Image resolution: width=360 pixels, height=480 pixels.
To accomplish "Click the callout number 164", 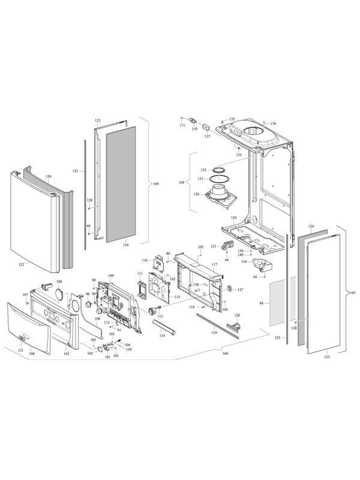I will [156, 184].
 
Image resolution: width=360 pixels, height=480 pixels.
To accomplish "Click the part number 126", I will [49, 176].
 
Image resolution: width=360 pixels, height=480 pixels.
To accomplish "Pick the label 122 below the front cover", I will [20, 263].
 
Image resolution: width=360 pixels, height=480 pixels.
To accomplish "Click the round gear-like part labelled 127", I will [228, 289].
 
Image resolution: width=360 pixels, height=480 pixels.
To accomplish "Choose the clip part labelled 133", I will [227, 245].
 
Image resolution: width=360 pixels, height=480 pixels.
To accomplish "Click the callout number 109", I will [111, 275].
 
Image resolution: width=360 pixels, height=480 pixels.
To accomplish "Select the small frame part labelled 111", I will [141, 286].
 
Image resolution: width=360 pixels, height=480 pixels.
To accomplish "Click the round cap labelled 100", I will [59, 293].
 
